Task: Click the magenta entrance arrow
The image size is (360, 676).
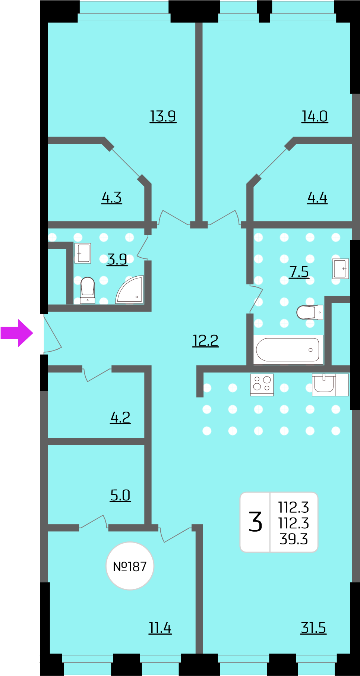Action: point(17,333)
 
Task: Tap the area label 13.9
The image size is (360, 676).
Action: point(163,116)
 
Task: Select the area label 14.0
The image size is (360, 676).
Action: point(315,116)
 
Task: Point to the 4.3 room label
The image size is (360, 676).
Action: point(112,198)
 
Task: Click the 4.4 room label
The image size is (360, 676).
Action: point(318,198)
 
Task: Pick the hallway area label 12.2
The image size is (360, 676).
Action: point(205,340)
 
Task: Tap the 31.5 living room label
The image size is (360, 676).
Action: point(313,628)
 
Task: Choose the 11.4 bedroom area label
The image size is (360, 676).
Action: point(160,628)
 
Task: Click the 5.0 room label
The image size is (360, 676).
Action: point(120,496)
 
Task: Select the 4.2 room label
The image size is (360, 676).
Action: point(120,418)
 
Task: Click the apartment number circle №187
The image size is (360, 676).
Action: point(130,566)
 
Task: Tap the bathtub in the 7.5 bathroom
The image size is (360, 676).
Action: point(288,350)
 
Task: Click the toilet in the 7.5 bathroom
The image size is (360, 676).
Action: point(310,312)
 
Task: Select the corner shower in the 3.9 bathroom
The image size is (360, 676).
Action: point(130,290)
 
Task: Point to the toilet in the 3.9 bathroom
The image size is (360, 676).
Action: point(88,290)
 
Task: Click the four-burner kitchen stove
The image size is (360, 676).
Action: point(262,384)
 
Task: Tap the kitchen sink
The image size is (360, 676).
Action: point(324,384)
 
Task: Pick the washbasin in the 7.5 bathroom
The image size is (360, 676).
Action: point(341,269)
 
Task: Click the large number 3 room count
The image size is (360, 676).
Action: point(256,522)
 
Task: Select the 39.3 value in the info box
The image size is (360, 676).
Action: point(294,539)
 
